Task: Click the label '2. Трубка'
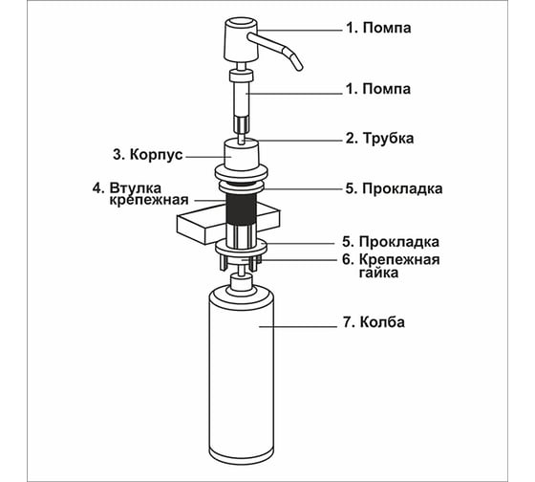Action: coord(379,139)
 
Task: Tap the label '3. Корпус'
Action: coord(148,155)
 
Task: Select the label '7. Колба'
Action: coord(374,322)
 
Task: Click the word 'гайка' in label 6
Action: coord(378,273)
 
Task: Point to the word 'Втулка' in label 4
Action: coord(136,187)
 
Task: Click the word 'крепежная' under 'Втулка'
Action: coord(149,200)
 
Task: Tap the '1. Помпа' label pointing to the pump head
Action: coord(378,28)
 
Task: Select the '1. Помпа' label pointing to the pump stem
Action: coord(378,89)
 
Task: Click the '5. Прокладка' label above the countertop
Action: coord(394,188)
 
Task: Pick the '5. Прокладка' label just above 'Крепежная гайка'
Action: coord(391,242)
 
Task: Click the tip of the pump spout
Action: coord(300,68)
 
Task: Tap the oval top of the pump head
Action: coord(241,23)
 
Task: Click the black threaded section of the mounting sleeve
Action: coord(241,208)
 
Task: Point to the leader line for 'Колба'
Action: coord(298,327)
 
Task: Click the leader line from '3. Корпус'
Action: coord(209,157)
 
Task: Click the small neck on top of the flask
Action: coord(241,282)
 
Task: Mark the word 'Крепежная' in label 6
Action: coord(399,259)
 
